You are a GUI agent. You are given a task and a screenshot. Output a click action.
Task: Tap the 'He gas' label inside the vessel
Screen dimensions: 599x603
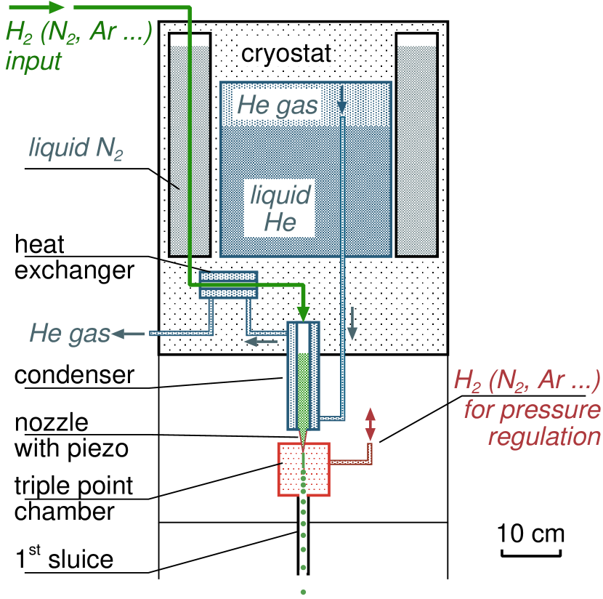[x=278, y=105]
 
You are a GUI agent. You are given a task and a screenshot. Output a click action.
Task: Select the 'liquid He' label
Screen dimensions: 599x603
[x=280, y=208]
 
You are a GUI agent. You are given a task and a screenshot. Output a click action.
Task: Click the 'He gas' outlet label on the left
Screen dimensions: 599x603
[x=69, y=334]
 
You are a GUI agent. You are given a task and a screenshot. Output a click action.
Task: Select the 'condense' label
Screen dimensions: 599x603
[x=70, y=374]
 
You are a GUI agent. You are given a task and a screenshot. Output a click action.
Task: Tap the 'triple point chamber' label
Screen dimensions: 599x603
[x=70, y=498]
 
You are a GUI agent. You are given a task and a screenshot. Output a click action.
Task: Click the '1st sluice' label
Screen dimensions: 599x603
[x=60, y=558]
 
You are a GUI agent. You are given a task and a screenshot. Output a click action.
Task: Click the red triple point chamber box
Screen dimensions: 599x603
[x=304, y=469]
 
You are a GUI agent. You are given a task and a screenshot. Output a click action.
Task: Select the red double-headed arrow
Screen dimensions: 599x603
[x=370, y=425]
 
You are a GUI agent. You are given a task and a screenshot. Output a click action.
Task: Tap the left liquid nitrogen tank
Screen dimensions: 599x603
[x=190, y=145]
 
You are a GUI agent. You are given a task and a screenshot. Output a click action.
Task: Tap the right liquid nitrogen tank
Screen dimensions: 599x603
[x=416, y=145]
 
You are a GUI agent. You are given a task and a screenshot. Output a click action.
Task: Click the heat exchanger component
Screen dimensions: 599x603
[x=229, y=285]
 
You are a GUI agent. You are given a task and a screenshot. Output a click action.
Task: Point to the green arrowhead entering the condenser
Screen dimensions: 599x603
[x=304, y=310]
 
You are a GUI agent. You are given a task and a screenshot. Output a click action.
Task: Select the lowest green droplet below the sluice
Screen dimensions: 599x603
[x=303, y=592]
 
